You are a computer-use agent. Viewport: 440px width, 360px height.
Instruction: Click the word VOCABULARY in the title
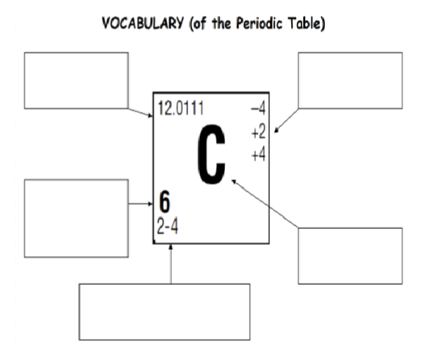click(x=143, y=23)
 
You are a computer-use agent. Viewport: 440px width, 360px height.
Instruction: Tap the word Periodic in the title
click(x=259, y=23)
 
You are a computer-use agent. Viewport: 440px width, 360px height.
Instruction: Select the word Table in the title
click(x=306, y=23)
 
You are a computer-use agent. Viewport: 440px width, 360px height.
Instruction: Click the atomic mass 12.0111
click(x=181, y=109)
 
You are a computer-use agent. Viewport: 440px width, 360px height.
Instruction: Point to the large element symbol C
click(x=212, y=154)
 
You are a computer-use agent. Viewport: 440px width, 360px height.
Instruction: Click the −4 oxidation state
click(x=258, y=108)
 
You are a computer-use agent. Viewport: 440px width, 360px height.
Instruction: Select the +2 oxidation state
click(x=258, y=132)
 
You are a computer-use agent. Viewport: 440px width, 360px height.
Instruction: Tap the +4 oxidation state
click(x=258, y=155)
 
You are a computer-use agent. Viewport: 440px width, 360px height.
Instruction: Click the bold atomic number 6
click(x=164, y=202)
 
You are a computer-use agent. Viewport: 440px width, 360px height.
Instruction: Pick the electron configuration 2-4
click(x=167, y=227)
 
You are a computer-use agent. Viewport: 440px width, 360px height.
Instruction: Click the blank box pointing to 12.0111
click(x=76, y=80)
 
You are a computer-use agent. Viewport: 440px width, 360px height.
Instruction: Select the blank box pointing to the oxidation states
click(x=350, y=80)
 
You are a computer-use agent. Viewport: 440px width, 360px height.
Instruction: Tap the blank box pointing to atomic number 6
click(x=76, y=218)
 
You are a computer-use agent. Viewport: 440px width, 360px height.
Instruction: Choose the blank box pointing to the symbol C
click(x=350, y=256)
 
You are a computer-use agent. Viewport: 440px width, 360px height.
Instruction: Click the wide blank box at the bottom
click(x=164, y=312)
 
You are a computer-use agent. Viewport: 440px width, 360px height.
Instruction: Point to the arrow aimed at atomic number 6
click(x=140, y=204)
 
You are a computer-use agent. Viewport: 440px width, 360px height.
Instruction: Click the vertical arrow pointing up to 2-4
click(x=171, y=264)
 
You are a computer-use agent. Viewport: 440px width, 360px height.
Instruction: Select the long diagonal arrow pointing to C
click(x=265, y=204)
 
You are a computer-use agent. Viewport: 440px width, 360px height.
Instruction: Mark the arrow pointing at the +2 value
click(x=286, y=121)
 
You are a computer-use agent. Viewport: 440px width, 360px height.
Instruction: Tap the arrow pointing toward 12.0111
click(x=140, y=112)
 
